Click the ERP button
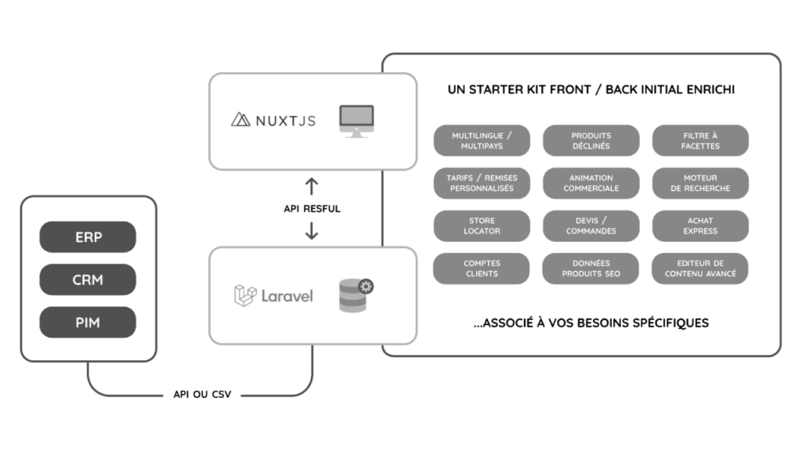88,237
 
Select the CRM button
88,280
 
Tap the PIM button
88,322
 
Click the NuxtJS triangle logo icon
240,120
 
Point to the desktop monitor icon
356,121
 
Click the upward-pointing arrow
312,187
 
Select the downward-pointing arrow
312,229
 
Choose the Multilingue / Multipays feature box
482,141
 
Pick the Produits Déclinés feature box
591,141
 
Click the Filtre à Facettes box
700,141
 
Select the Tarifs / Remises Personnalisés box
482,183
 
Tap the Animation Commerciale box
591,183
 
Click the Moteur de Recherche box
700,183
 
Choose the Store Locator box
482,225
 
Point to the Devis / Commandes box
591,225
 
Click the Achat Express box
700,225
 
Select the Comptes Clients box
482,269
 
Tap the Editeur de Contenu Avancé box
700,269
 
